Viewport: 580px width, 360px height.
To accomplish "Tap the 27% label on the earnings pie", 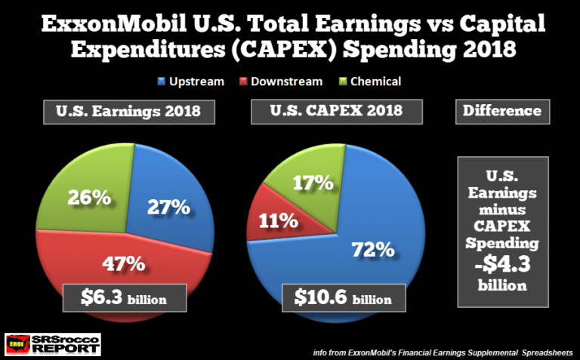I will point(168,206).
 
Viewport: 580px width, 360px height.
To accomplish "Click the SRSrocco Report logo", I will point(52,344).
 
